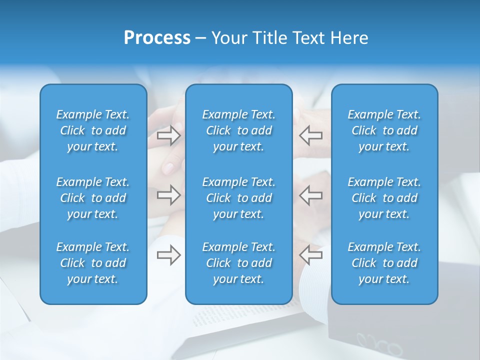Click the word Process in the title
click(x=157, y=38)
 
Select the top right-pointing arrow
click(x=169, y=135)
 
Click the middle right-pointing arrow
click(x=169, y=195)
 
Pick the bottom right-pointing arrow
click(x=169, y=255)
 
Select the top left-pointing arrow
click(x=310, y=135)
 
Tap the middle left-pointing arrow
click(x=310, y=195)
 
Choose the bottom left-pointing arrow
click(x=310, y=255)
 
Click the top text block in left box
click(x=93, y=130)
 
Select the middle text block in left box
click(x=93, y=198)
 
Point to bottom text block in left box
click(x=93, y=263)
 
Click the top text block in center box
click(x=239, y=130)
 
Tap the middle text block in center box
click(x=239, y=198)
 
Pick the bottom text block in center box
click(x=239, y=263)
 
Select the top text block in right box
click(x=384, y=130)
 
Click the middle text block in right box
click(x=384, y=198)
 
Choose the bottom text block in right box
click(x=384, y=263)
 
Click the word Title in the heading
click(x=269, y=38)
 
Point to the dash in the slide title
click(x=201, y=38)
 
